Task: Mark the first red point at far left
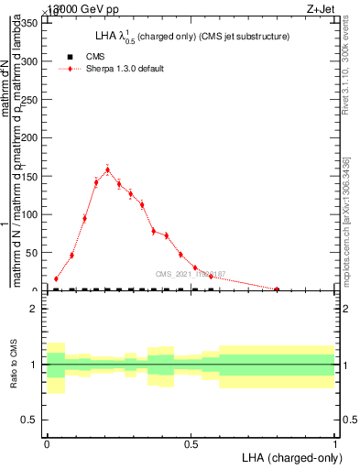[x=56, y=278]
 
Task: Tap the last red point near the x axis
[x=277, y=289]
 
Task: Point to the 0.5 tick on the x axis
[x=191, y=443]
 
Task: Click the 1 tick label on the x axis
[x=334, y=443]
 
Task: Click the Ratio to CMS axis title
[x=14, y=364]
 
